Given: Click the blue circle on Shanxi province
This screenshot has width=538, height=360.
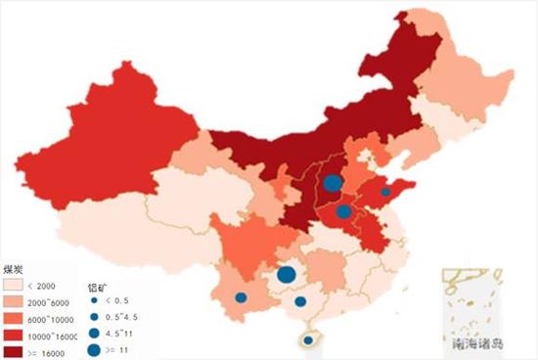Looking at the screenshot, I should pos(333,182).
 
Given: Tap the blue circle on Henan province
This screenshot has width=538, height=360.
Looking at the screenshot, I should pos(343,211).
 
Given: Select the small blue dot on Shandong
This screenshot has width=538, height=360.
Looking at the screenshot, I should pos(385,193).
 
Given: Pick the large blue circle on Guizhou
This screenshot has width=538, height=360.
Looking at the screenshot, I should pos(287,275).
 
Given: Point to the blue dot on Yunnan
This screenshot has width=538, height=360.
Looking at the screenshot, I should pos(241,297).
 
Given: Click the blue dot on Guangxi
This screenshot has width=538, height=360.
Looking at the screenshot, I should pos(300,301).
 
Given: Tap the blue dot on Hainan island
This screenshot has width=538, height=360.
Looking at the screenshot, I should pos(309,340).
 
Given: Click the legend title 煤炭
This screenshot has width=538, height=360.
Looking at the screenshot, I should pos(15,267).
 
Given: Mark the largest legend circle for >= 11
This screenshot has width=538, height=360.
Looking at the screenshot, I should pos(93,349).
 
